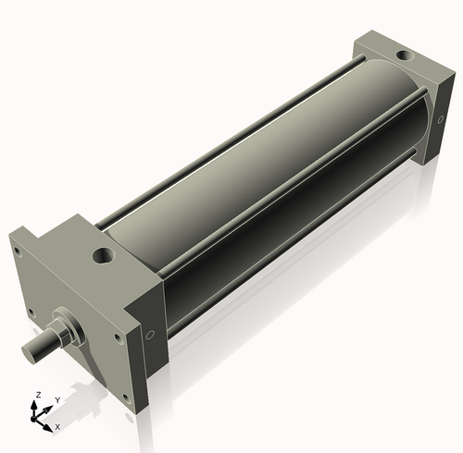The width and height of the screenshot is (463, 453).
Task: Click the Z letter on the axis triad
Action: click(37, 395)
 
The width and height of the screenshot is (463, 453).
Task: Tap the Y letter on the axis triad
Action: click(56, 399)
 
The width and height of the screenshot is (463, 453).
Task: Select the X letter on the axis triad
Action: click(57, 426)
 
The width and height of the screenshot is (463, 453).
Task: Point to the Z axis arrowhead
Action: click(37, 404)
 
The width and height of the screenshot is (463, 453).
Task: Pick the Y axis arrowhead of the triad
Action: click(50, 406)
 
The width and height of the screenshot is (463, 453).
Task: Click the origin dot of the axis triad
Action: click(37, 418)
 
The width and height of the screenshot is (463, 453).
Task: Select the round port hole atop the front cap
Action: click(101, 253)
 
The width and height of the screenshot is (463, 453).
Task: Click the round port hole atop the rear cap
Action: click(405, 56)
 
